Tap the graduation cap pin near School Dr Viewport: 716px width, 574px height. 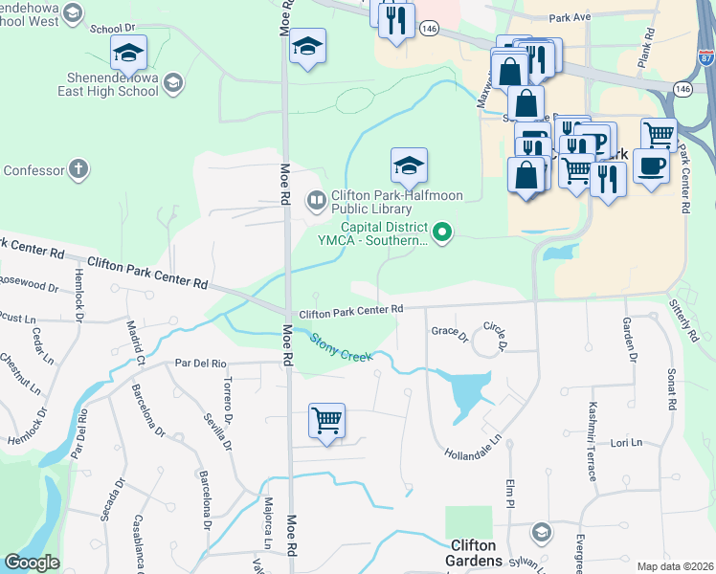[128, 53]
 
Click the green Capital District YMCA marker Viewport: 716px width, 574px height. [442, 231]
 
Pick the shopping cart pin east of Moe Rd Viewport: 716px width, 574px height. [326, 420]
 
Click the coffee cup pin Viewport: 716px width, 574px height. [651, 165]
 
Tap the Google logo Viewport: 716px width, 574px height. [32, 563]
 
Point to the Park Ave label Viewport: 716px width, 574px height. [571, 17]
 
